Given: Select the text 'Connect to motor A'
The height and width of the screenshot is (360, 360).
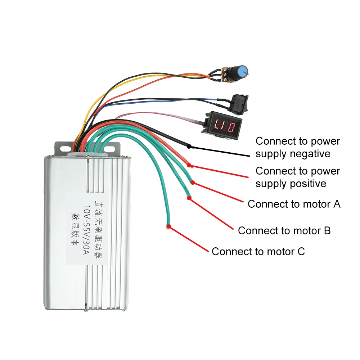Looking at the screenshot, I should (x=294, y=204).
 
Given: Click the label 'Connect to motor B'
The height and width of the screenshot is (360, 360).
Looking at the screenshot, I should (x=284, y=230).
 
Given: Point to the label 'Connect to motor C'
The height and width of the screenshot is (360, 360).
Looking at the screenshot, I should (x=258, y=251).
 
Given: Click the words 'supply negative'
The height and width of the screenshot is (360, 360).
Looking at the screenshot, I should (x=293, y=154).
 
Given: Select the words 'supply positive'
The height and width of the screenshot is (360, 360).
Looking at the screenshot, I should (x=291, y=184).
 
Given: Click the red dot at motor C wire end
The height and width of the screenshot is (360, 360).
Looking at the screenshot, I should (x=168, y=226).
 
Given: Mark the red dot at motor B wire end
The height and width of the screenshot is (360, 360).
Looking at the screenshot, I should (x=188, y=198).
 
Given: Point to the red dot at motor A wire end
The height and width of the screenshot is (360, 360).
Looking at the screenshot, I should (x=193, y=182).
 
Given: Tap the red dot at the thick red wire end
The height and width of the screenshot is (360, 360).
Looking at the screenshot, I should (x=189, y=165).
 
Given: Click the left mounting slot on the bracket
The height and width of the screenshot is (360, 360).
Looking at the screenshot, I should (x=64, y=148).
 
